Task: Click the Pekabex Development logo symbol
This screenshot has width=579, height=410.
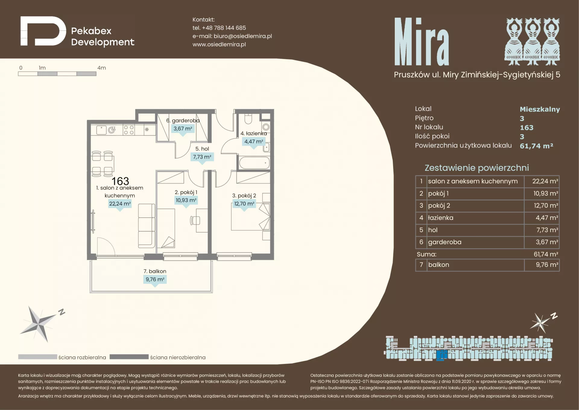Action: (x=43, y=31)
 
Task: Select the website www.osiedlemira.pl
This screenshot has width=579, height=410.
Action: (x=219, y=44)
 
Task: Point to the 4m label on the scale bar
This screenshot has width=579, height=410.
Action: (x=102, y=68)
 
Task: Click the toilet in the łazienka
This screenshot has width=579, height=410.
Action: (x=248, y=119)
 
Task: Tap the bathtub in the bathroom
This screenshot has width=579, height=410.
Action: (x=254, y=163)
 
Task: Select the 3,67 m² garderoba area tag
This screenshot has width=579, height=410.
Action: (x=183, y=129)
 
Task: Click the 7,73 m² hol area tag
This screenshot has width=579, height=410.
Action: (x=202, y=157)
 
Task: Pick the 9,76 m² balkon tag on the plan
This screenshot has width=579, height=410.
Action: (x=155, y=280)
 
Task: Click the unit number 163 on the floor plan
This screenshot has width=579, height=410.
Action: (x=120, y=181)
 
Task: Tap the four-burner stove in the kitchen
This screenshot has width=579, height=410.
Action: (x=129, y=130)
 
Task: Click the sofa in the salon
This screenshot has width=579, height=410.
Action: (x=147, y=226)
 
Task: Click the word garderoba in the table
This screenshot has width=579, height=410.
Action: (x=445, y=242)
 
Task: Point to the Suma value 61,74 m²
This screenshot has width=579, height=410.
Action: (x=546, y=254)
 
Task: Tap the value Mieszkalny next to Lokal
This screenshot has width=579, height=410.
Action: (x=540, y=109)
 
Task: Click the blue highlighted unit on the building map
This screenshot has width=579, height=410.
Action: (x=442, y=355)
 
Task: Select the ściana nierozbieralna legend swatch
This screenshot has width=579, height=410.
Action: (x=129, y=357)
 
